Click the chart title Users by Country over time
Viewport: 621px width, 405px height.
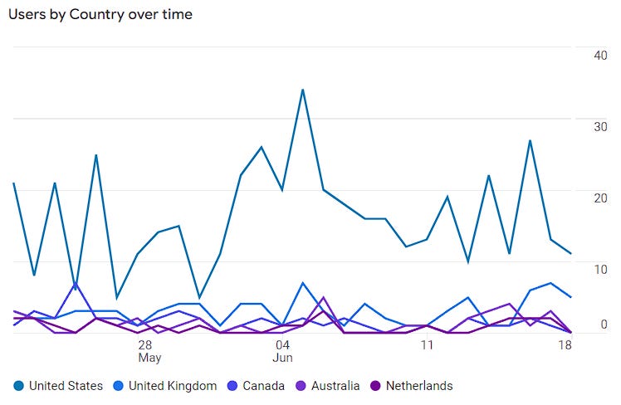click(100, 15)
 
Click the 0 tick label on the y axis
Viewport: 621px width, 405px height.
click(604, 324)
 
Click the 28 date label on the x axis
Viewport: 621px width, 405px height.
click(144, 344)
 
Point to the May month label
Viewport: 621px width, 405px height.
click(149, 359)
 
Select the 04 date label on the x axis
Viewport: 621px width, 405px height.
click(281, 344)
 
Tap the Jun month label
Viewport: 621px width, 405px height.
click(283, 359)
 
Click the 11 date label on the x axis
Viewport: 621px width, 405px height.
click(427, 344)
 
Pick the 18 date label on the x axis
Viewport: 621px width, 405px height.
click(565, 344)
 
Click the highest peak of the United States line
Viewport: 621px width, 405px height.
click(303, 90)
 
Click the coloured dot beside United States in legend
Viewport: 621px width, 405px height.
click(18, 386)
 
